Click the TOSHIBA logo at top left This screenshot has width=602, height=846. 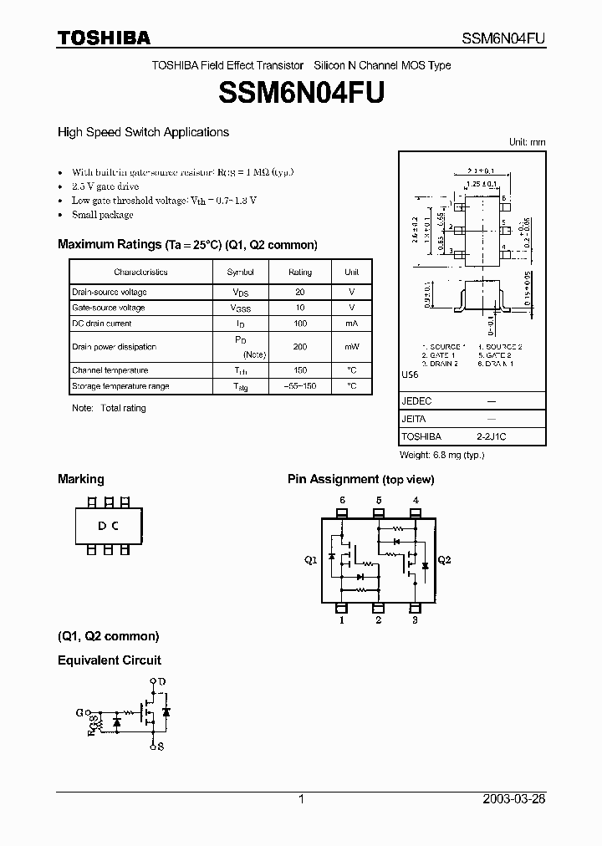tap(104, 37)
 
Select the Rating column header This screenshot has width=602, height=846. tap(300, 272)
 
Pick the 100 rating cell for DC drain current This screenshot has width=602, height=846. tap(300, 324)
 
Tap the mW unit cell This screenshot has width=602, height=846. tap(351, 346)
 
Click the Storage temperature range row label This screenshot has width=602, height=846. tap(120, 386)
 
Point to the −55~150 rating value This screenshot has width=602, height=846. tap(300, 386)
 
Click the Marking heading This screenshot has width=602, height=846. tap(81, 479)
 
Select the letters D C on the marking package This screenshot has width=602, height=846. tap(108, 526)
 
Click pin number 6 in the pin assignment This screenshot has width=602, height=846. tap(342, 501)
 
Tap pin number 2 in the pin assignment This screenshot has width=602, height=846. tap(379, 620)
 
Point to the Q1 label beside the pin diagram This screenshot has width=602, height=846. tap(310, 560)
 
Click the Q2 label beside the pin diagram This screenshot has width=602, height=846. tap(444, 560)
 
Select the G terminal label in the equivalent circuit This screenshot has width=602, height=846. tap(79, 712)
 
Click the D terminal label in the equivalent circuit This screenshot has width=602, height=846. tap(162, 681)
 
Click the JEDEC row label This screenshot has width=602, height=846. tap(416, 401)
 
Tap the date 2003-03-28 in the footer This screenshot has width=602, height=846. tap(514, 799)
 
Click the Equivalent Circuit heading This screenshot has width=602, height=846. tap(110, 660)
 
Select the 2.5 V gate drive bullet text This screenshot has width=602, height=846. tap(105, 186)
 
